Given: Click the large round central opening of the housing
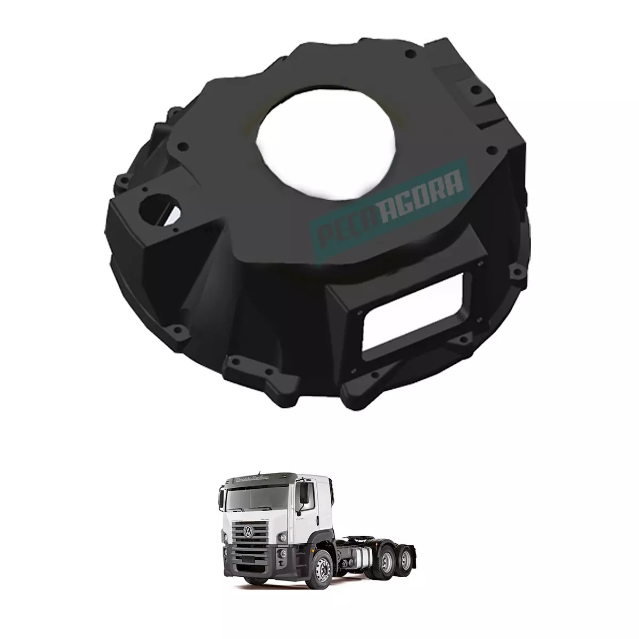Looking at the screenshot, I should tap(326, 145).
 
